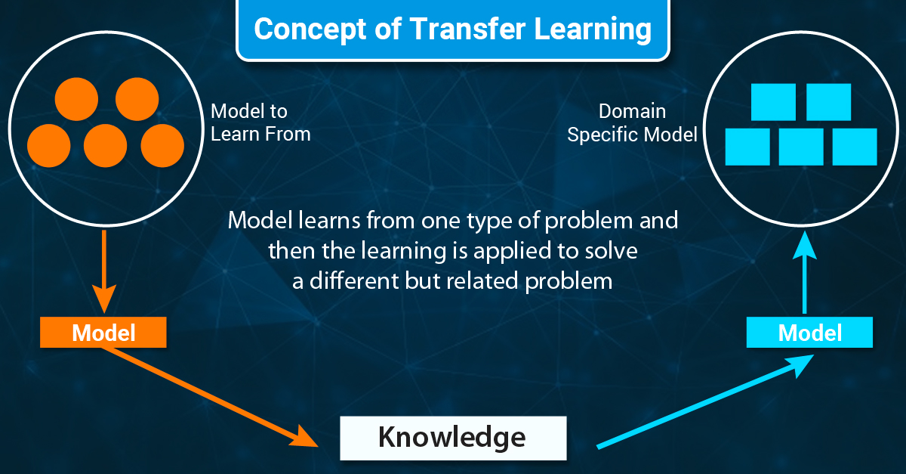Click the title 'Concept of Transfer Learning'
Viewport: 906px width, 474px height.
(452, 29)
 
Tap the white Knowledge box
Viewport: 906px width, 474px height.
(452, 437)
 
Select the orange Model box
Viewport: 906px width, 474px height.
(103, 332)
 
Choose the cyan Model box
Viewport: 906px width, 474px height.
(809, 332)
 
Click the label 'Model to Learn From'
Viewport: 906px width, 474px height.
(260, 122)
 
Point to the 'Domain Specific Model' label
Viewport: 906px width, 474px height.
(632, 122)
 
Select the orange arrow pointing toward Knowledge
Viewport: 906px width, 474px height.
(219, 401)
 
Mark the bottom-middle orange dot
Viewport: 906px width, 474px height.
(106, 146)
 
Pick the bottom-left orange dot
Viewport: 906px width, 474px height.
(49, 146)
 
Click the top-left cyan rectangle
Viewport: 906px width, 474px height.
(772, 102)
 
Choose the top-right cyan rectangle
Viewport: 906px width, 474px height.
(828, 102)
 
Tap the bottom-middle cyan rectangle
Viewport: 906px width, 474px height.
(801, 147)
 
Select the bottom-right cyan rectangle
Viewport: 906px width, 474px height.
(855, 147)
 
